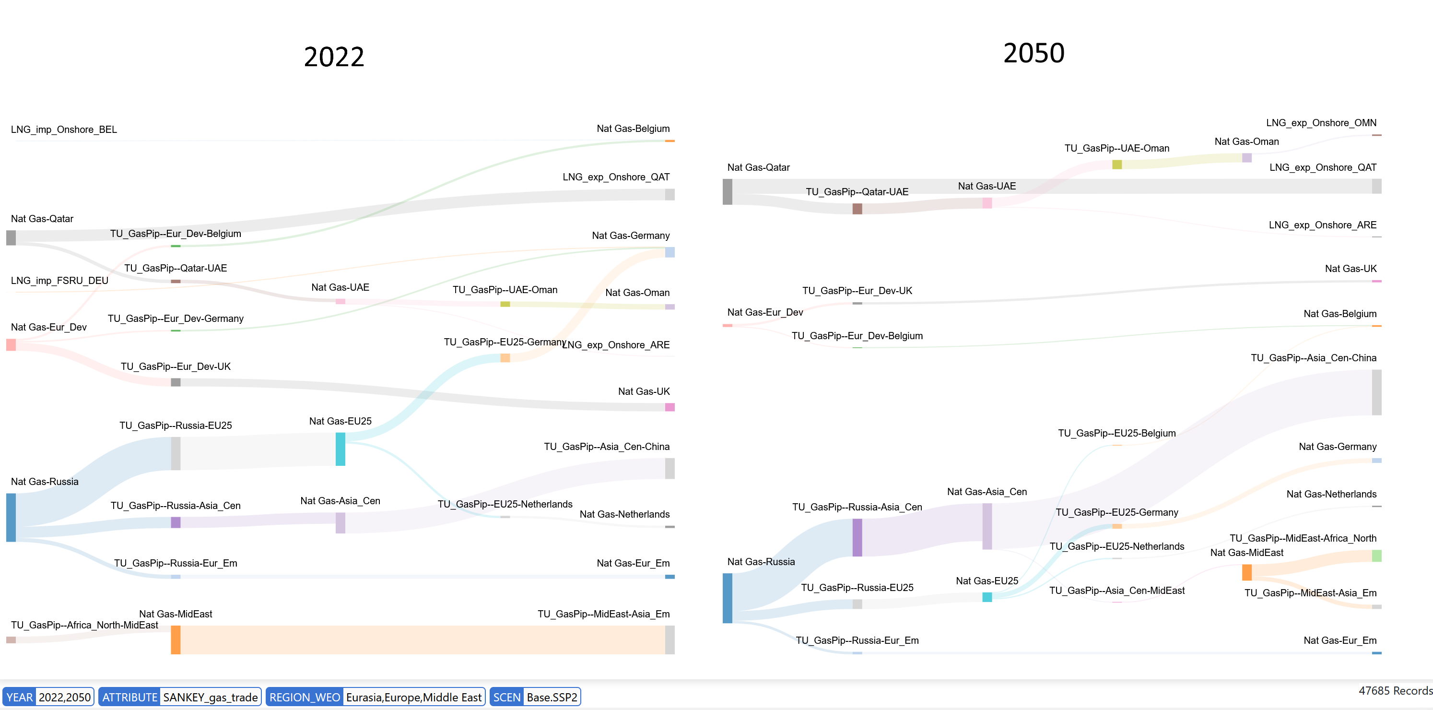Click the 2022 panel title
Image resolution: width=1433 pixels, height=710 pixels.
tap(334, 57)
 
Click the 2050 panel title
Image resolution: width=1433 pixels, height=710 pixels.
tap(1034, 53)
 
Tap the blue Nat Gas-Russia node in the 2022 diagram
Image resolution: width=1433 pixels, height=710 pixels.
tap(11, 517)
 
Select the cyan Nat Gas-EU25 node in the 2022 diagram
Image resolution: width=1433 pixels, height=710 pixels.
tap(341, 449)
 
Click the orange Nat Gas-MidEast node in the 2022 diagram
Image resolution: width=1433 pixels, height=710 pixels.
tap(176, 639)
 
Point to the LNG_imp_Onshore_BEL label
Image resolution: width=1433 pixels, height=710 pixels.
tap(64, 130)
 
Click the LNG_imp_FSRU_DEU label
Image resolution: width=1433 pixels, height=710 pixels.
tap(59, 281)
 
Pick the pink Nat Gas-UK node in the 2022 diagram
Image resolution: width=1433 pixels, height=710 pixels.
tap(670, 407)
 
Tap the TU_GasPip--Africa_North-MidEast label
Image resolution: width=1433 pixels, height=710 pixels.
tap(84, 625)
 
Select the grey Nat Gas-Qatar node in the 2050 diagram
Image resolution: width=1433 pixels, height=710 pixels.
tap(728, 191)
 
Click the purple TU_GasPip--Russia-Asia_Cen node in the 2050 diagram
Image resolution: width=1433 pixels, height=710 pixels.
tap(857, 537)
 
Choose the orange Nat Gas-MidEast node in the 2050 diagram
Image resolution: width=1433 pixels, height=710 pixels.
tap(1247, 573)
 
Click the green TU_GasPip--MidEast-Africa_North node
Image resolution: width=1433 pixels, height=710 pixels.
tap(1377, 556)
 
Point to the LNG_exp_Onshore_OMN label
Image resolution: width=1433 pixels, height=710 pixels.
tap(1321, 123)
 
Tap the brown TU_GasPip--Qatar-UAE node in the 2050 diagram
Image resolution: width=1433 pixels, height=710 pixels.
tap(857, 209)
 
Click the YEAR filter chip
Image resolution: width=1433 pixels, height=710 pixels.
tap(48, 697)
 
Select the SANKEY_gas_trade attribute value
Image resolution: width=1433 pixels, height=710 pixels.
tap(210, 697)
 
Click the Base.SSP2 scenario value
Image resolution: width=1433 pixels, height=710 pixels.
tap(552, 697)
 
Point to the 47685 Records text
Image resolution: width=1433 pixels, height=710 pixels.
tap(1395, 690)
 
